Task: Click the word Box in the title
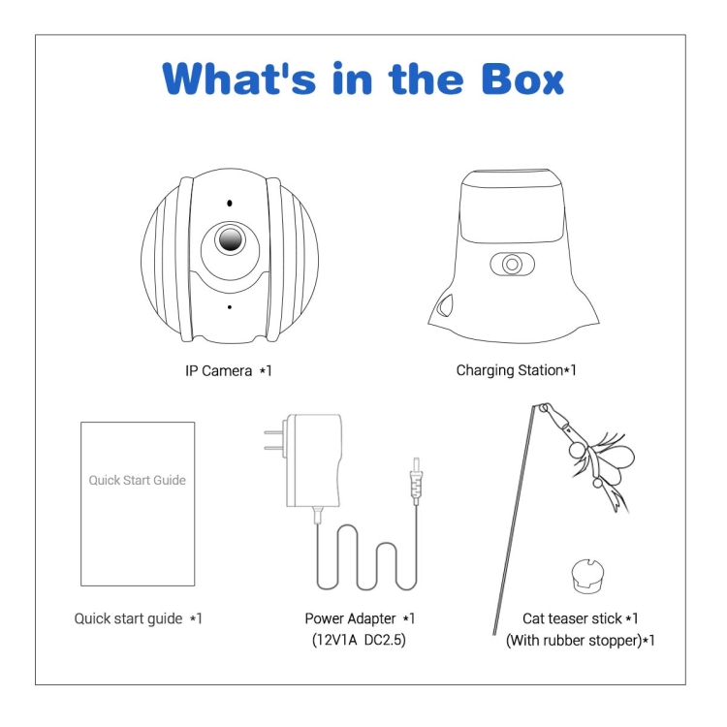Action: (522, 79)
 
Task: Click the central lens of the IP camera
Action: (230, 239)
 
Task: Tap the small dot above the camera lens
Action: (230, 204)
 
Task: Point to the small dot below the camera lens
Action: (230, 307)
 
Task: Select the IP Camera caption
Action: (228, 371)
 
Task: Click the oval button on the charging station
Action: (512, 265)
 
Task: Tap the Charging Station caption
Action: (516, 370)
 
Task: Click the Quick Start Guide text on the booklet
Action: (138, 481)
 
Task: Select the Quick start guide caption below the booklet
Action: (139, 619)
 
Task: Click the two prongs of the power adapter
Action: (275, 440)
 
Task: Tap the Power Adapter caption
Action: (360, 618)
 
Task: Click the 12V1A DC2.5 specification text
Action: (359, 641)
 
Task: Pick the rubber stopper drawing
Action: (587, 577)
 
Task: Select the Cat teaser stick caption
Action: (580, 618)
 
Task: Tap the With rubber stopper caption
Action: (580, 641)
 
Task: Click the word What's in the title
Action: (239, 79)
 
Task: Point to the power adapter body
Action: (314, 459)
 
